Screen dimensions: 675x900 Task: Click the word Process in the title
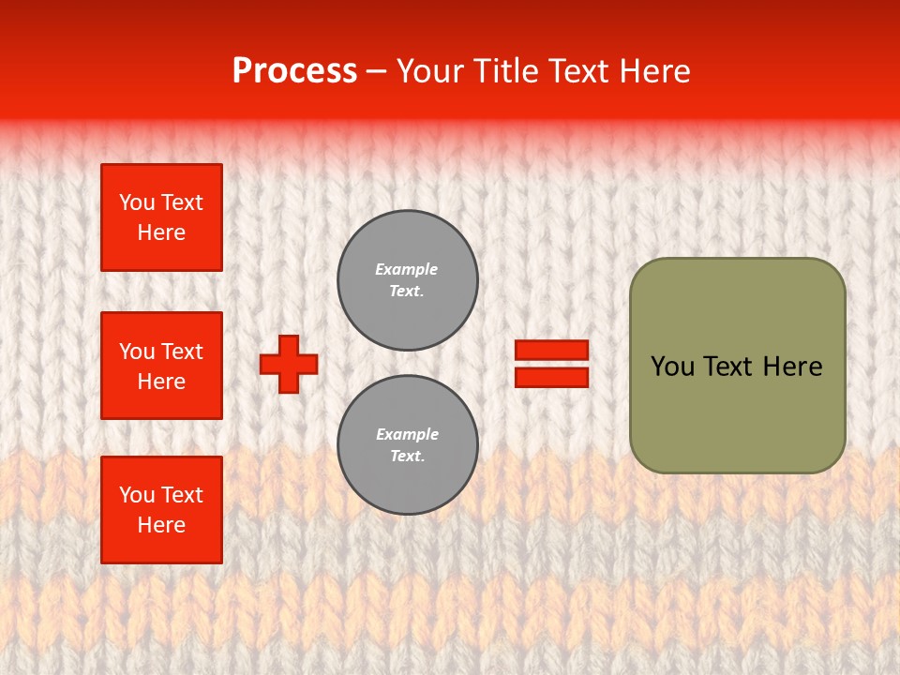294,71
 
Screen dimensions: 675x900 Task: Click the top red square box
161,217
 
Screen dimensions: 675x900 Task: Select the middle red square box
161,366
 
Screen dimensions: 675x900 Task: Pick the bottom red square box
161,510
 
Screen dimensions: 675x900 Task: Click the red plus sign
289,364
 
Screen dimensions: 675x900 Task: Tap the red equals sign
551,364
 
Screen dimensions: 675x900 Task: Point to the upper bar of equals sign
551,351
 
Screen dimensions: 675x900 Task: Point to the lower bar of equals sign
551,377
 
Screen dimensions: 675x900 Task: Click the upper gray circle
407,279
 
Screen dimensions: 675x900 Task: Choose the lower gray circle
407,444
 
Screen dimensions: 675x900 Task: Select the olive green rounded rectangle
737,366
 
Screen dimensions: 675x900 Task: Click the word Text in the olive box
727,367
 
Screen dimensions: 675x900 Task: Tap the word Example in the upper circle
407,269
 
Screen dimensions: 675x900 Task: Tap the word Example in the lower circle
407,434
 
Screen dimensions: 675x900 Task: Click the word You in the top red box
136,202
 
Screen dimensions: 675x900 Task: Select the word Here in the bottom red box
161,525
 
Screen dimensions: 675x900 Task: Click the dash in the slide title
376,72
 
